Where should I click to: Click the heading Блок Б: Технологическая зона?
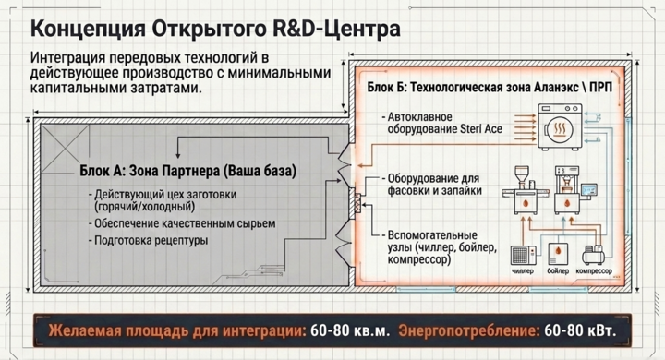click(x=467, y=88)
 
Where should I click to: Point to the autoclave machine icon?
click(x=560, y=126)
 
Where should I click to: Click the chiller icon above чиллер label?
click(x=523, y=256)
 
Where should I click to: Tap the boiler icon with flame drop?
click(x=558, y=254)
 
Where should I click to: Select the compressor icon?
click(x=593, y=256)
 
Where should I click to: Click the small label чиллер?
click(x=523, y=271)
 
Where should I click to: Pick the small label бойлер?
click(x=558, y=271)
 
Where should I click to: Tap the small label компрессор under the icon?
click(x=594, y=271)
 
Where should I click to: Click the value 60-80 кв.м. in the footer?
click(x=350, y=330)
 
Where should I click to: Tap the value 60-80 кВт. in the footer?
click(x=580, y=330)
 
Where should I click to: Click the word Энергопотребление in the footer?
click(x=468, y=331)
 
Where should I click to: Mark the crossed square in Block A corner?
click(x=65, y=148)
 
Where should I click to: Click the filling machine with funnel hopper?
click(x=523, y=190)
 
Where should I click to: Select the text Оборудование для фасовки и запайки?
click(x=434, y=185)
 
